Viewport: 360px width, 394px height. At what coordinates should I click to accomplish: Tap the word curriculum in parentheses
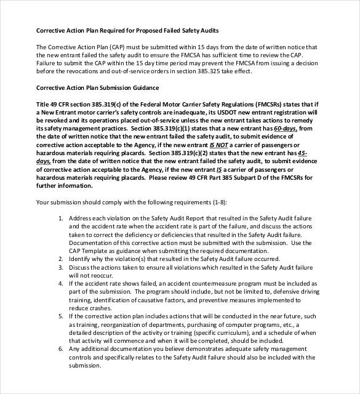pos(229,332)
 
